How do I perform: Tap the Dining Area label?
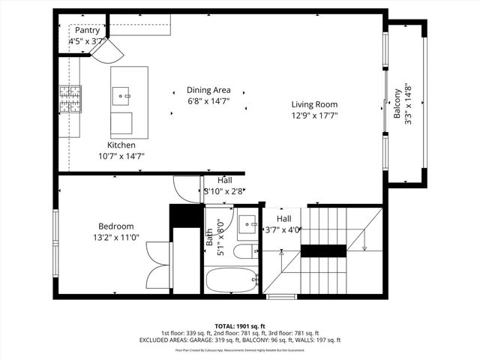click(208, 90)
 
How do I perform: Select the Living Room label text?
click(314, 105)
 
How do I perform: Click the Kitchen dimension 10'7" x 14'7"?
click(121, 156)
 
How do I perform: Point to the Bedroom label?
click(116, 226)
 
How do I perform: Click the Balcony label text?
click(397, 104)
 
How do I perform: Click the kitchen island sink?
click(121, 95)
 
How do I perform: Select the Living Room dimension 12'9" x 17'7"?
click(314, 116)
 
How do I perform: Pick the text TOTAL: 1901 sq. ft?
click(240, 326)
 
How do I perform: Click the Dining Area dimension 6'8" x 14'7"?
click(208, 100)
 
